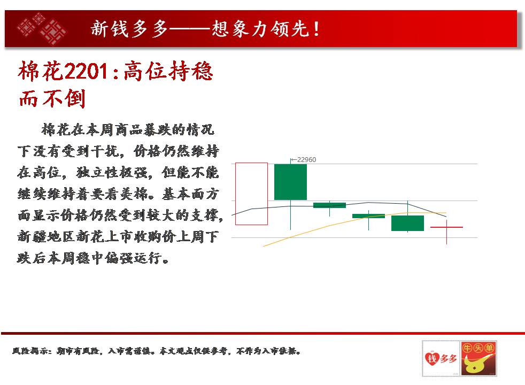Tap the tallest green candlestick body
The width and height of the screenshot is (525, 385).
coord(290,182)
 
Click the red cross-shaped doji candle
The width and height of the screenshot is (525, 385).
coord(446,227)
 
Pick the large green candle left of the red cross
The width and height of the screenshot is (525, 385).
coord(407,224)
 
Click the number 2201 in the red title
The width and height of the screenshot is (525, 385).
coord(85,71)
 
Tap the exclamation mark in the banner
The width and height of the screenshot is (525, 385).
coord(316,29)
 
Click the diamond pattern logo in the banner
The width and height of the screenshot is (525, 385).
coord(42,29)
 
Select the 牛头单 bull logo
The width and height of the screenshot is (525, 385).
coord(478,358)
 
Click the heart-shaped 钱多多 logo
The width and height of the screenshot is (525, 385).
coord(441,358)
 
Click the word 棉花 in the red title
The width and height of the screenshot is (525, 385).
coord(41,71)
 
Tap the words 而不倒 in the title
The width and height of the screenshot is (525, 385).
coord(52,98)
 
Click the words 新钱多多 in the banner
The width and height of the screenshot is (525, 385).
coord(129,29)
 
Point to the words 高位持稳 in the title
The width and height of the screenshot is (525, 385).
coord(168,71)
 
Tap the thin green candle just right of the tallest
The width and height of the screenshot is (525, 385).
coord(329,205)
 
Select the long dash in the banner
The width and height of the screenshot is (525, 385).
coord(189,29)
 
